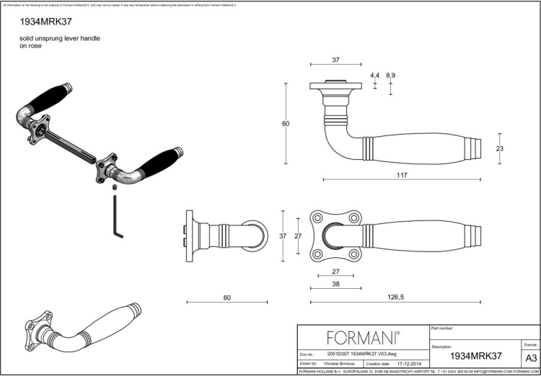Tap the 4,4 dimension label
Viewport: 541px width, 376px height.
click(374, 75)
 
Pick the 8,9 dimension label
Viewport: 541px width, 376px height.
click(391, 75)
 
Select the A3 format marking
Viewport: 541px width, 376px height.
click(530, 357)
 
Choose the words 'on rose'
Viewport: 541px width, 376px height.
click(30, 45)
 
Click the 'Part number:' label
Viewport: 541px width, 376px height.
click(442, 328)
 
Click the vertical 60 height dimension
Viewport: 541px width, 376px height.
click(286, 124)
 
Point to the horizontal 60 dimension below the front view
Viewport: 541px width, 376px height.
click(227, 296)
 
